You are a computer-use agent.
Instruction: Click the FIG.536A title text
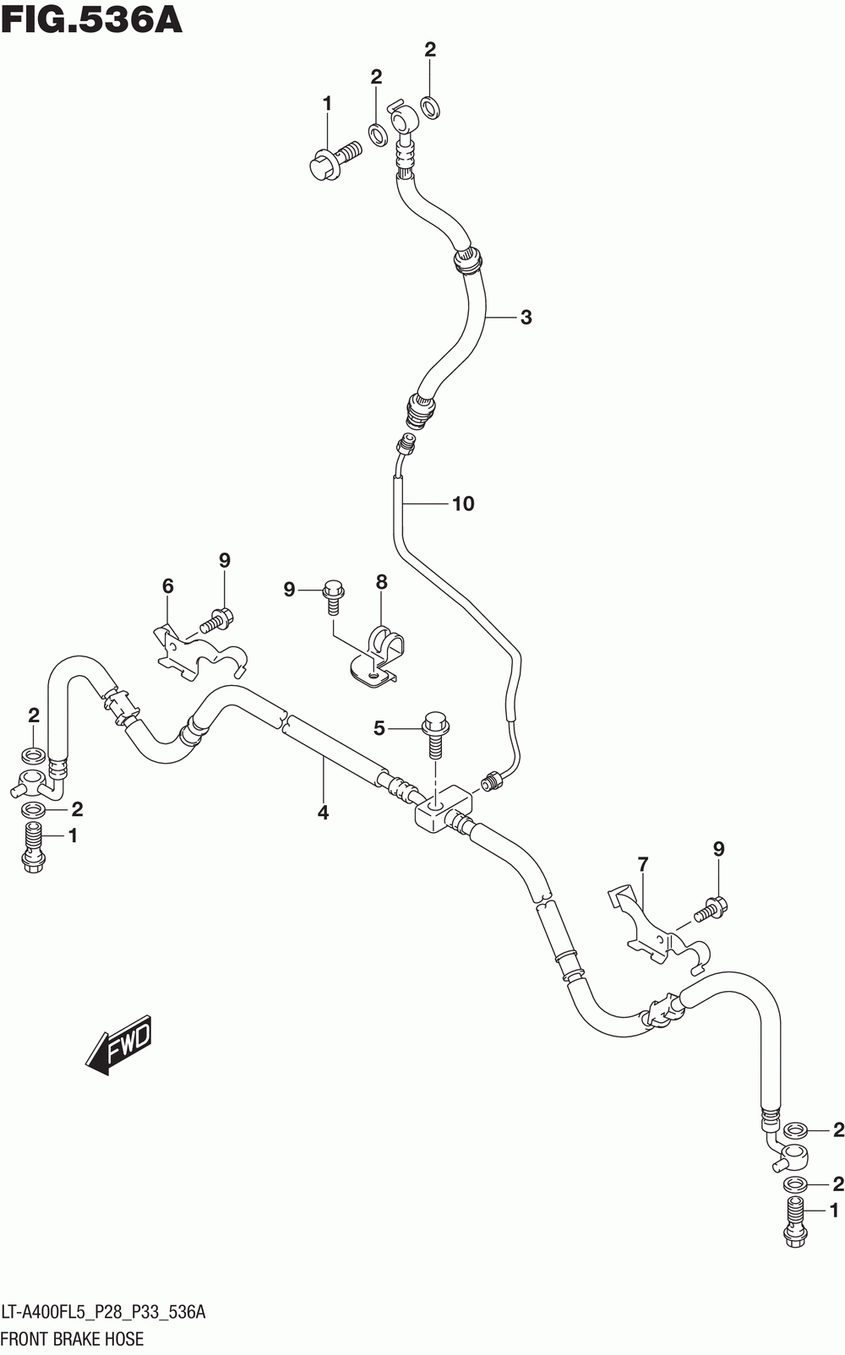[92, 19]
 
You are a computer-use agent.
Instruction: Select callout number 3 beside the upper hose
[526, 318]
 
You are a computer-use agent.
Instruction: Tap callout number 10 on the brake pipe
[463, 503]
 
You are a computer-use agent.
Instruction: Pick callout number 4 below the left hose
[323, 813]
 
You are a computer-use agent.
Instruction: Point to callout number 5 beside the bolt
[379, 729]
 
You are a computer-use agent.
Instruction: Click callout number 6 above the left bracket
[167, 586]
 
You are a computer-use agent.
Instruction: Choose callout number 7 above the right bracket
[642, 865]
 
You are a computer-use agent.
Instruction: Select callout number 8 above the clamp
[381, 583]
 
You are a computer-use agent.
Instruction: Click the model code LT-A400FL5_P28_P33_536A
[103, 1312]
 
